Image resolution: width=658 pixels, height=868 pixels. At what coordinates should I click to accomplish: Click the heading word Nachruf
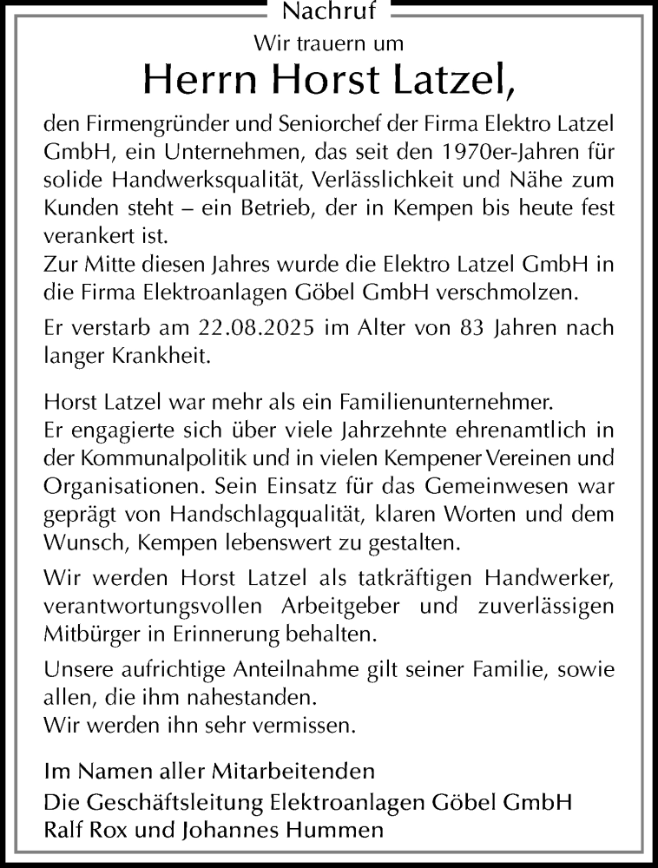329,12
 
